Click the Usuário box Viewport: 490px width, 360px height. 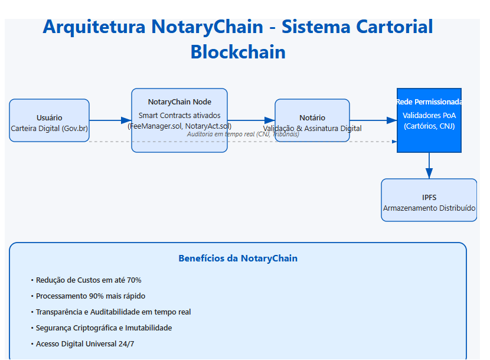[x=49, y=120]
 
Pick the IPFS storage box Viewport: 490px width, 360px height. [x=429, y=200]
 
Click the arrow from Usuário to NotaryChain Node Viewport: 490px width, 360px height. [x=110, y=120]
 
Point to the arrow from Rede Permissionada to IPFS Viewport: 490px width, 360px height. [x=429, y=165]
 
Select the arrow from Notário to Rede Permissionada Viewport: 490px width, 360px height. [x=373, y=120]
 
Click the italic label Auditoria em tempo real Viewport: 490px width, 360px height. [x=243, y=135]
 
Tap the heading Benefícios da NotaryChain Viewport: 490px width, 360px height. [x=238, y=258]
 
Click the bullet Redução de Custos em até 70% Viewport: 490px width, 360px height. [x=89, y=280]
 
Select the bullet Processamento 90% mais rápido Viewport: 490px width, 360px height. [x=90, y=296]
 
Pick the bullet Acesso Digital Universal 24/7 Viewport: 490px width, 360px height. [x=85, y=344]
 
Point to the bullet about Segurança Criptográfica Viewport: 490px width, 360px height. [x=104, y=328]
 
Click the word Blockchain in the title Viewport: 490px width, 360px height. [x=238, y=52]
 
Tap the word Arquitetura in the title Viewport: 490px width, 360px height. [x=94, y=27]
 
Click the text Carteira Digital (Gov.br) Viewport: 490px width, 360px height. [x=49, y=128]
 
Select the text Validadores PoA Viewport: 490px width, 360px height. [x=429, y=116]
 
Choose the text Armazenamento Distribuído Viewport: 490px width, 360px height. [x=429, y=208]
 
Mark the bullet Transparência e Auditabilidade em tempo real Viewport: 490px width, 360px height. [x=113, y=312]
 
